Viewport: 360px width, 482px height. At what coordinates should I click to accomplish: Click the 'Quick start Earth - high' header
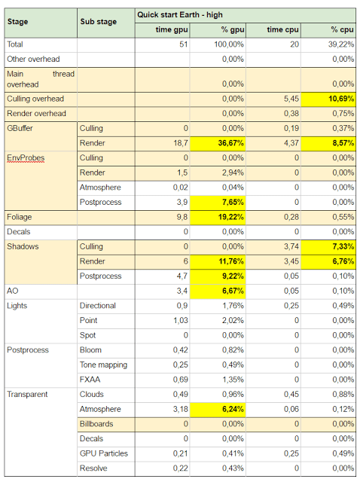coord(180,15)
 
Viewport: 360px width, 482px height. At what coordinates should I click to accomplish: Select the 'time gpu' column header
coord(172,30)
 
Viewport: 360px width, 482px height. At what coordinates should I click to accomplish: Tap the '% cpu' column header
coord(342,30)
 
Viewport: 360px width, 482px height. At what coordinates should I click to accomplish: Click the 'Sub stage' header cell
coord(99,22)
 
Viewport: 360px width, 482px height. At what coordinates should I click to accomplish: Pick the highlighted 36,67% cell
coord(218,143)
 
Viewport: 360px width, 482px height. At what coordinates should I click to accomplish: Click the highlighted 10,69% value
coord(328,99)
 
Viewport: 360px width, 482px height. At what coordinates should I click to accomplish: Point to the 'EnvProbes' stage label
coord(26,158)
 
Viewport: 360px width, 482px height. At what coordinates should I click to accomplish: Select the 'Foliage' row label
coord(20,217)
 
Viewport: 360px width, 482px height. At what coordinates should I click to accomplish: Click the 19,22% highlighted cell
coord(218,217)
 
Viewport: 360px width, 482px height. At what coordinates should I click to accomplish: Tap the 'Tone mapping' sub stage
coord(103,365)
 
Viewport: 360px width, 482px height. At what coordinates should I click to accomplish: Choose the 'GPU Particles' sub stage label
coord(104,453)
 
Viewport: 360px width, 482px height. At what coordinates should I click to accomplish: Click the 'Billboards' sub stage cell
coord(96,424)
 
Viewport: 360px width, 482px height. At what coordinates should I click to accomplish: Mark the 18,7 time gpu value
coord(181,143)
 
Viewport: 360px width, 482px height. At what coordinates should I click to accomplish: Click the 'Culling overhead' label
coord(35,99)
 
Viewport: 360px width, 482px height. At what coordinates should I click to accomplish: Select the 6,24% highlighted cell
coord(218,409)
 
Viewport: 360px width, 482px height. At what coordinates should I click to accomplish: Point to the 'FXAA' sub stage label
coord(90,380)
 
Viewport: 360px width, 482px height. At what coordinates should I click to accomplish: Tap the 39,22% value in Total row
coord(341,44)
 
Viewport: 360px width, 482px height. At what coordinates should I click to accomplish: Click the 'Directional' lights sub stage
coord(98,306)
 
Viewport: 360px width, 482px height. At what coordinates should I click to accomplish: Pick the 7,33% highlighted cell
coord(328,246)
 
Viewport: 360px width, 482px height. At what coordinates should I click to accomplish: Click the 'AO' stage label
coord(13,291)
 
